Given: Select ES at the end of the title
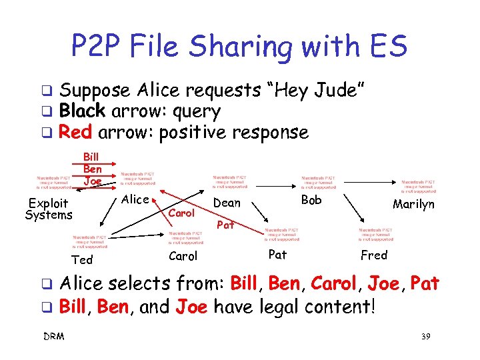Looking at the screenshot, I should pyautogui.click(x=387, y=47).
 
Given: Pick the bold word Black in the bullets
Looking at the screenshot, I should pyautogui.click(x=81, y=111).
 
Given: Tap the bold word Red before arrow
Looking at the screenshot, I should pyautogui.click(x=75, y=132).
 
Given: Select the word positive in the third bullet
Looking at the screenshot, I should pyautogui.click(x=193, y=132).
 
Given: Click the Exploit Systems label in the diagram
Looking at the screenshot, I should pyautogui.click(x=48, y=209).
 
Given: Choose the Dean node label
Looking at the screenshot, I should pyautogui.click(x=227, y=202).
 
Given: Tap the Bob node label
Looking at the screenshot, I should pyautogui.click(x=311, y=200).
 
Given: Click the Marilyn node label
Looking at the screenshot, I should pyautogui.click(x=413, y=204).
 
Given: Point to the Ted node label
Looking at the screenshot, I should pyautogui.click(x=82, y=259).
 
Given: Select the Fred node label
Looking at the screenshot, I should pyautogui.click(x=373, y=255).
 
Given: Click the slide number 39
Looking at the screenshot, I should pyautogui.click(x=427, y=337).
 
